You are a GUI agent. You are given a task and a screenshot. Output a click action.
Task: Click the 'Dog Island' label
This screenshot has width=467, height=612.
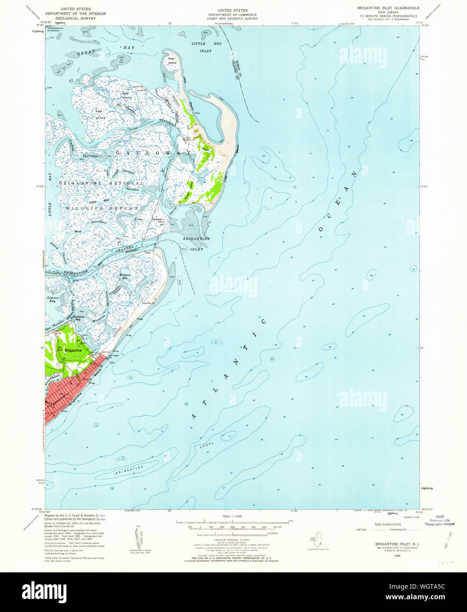coord(172,60)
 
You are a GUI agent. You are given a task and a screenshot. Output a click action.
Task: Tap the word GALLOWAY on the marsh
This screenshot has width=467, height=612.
coord(153,153)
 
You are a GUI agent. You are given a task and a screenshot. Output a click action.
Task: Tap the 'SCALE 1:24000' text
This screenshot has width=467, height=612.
coord(233,516)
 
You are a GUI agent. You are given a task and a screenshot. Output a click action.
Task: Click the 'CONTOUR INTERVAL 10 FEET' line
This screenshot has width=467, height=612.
coord(233,539)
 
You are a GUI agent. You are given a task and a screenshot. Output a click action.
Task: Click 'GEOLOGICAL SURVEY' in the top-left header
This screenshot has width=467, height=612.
coord(84,19)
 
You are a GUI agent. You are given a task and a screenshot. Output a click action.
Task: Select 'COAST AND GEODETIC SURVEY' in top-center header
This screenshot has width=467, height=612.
coord(233,19)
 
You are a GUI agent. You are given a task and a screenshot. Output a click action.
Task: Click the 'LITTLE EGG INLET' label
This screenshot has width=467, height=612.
coord(201,48)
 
